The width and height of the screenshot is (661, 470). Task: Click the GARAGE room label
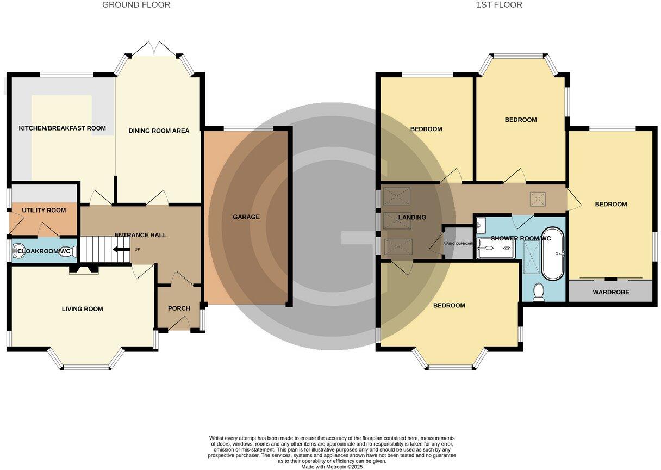tap(246, 217)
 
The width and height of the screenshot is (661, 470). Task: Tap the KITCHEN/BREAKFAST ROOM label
tap(62, 129)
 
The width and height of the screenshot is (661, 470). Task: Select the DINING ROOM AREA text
tap(159, 131)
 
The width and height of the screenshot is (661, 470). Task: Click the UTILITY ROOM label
tap(44, 211)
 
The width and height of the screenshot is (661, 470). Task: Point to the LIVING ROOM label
tap(82, 309)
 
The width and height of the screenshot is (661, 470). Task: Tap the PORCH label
tap(179, 308)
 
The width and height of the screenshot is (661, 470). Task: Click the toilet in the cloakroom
tap(72, 252)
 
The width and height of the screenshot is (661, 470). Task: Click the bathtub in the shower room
tap(553, 253)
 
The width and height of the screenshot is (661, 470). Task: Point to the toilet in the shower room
tap(539, 292)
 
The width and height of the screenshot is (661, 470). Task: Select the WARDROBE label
tap(610, 293)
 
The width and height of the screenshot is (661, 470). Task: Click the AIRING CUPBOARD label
tap(459, 244)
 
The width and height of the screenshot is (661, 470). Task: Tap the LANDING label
tap(411, 218)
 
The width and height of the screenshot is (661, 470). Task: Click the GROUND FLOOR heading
tap(136, 5)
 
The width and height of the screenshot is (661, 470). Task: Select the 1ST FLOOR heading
tap(499, 5)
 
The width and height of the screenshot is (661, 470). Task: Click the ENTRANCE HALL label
tap(140, 235)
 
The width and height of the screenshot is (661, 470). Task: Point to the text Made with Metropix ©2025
tap(332, 467)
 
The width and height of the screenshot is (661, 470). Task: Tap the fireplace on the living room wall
tap(84, 269)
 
